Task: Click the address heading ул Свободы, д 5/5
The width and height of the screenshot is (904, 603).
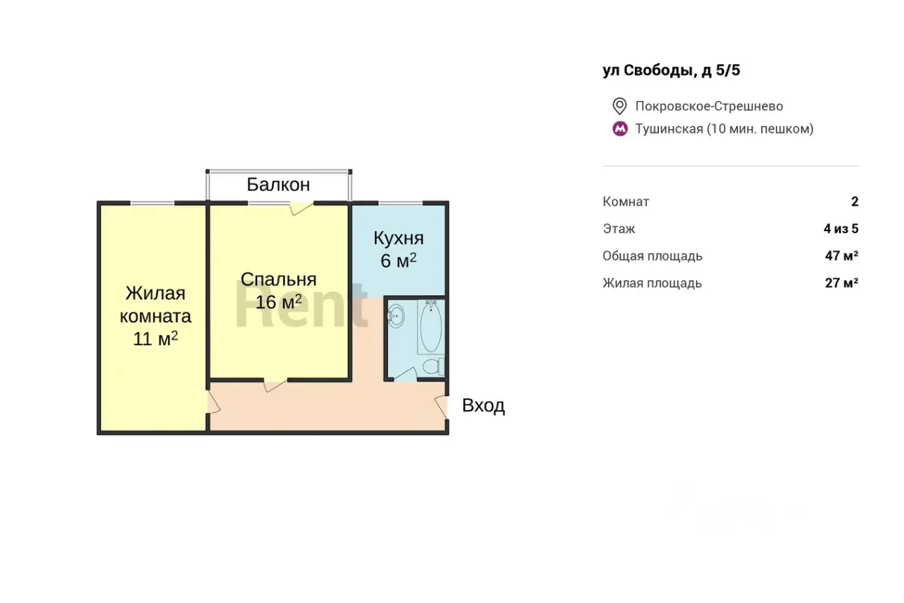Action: [672, 71]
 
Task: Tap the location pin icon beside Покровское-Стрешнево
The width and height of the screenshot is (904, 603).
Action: [619, 106]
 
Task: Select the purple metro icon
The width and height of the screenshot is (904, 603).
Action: [620, 129]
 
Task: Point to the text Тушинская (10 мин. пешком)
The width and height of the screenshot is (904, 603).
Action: [725, 129]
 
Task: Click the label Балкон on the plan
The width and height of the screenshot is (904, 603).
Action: [278, 185]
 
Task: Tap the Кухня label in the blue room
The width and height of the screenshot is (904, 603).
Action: [398, 238]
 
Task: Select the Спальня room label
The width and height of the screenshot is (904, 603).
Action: [278, 279]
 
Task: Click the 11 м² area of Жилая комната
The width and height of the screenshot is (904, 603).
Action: [155, 339]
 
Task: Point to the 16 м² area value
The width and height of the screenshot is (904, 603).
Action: [278, 301]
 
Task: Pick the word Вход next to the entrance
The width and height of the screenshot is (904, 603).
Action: [484, 405]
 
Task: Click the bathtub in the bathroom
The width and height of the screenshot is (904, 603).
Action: [431, 327]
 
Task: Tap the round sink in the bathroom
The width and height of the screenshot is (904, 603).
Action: [396, 316]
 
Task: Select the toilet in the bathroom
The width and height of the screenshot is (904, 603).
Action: [434, 367]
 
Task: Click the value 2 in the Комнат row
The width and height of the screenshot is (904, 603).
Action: [855, 201]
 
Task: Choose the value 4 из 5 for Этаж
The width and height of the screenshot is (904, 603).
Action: [841, 228]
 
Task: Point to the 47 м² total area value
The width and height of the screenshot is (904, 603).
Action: [841, 256]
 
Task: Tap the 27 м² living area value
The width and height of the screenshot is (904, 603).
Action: [841, 283]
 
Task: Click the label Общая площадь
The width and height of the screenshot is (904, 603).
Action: [653, 256]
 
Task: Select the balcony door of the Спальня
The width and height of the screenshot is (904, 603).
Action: [301, 208]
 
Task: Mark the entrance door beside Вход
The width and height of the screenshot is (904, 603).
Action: [441, 406]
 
